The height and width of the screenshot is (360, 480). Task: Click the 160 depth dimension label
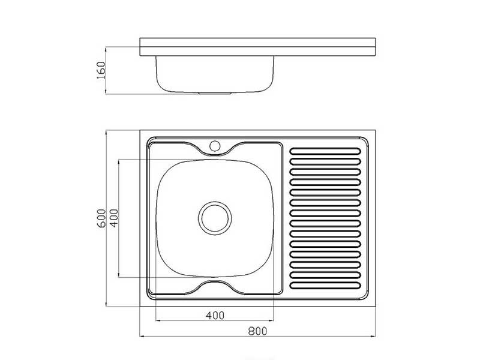pyautogui.click(x=101, y=70)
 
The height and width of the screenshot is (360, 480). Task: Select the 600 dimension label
pyautogui.click(x=101, y=218)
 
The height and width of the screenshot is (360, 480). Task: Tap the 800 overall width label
pyautogui.click(x=257, y=331)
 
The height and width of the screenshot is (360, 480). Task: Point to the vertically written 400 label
pyautogui.click(x=113, y=218)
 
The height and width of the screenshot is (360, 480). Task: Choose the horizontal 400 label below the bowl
pyautogui.click(x=215, y=315)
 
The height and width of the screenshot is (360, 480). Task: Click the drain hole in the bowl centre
pyautogui.click(x=215, y=218)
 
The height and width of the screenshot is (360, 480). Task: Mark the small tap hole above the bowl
pyautogui.click(x=215, y=146)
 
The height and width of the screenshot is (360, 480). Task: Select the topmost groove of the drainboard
pyautogui.click(x=325, y=151)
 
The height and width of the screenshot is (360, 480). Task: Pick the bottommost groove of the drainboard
pyautogui.click(x=325, y=286)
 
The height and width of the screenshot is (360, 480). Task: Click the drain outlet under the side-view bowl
pyautogui.click(x=215, y=93)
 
